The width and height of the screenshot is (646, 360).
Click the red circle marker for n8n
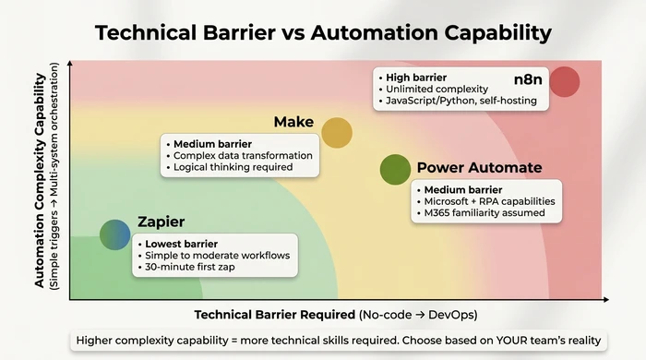pyautogui.click(x=564, y=82)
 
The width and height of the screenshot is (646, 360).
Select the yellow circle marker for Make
pyautogui.click(x=337, y=133)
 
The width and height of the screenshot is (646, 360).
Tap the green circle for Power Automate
pyautogui.click(x=395, y=169)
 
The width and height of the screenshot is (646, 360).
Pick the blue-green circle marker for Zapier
pyautogui.click(x=115, y=235)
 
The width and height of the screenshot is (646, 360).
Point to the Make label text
pyautogui.click(x=294, y=123)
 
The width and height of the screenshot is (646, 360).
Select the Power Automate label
pyautogui.click(x=479, y=168)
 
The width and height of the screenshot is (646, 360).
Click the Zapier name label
pyautogui.click(x=161, y=222)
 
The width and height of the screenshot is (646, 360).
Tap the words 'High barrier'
pyautogui.click(x=417, y=77)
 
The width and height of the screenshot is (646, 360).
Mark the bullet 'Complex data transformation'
pyautogui.click(x=243, y=155)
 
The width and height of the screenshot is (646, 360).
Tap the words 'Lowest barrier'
pyautogui.click(x=181, y=243)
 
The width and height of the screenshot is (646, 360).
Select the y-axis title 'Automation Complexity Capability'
pyautogui.click(x=41, y=175)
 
